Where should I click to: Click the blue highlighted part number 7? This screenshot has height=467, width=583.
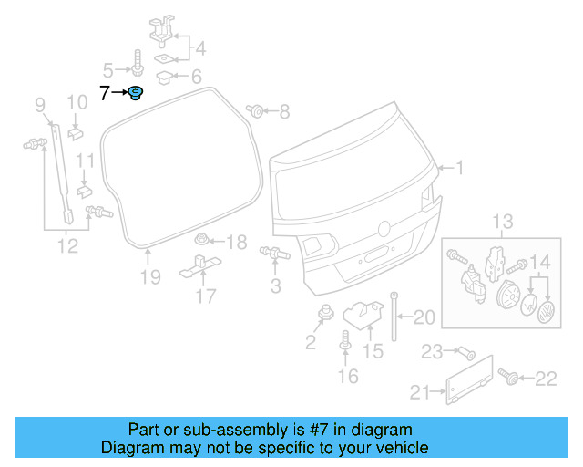135,92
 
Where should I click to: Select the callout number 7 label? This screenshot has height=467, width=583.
104,92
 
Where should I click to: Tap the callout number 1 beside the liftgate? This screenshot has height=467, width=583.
460,168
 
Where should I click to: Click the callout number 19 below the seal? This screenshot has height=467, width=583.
150,276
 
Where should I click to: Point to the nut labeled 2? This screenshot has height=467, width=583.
323,316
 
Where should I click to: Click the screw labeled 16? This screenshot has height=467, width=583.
346,341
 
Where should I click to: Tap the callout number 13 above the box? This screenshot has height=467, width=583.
503,222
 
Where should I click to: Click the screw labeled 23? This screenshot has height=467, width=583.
465,351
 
